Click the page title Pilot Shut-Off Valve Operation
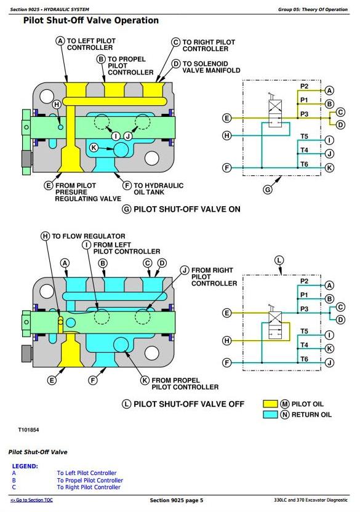point(91,20)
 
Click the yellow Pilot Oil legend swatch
point(270,404)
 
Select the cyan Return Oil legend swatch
point(270,414)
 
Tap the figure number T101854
point(28,430)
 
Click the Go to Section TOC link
point(31,500)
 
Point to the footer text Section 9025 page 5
point(177,500)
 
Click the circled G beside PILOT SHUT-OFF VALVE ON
point(126,209)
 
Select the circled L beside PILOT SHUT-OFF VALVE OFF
point(126,404)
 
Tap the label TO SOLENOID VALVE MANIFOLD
point(211,67)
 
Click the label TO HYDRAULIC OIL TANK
point(158,189)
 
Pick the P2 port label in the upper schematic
point(304,86)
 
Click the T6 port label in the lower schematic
point(304,359)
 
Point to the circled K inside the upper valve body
point(94,148)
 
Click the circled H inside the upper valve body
point(57,105)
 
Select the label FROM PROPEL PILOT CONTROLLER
point(185,383)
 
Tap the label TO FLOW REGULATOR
point(89,236)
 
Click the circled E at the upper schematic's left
point(226,118)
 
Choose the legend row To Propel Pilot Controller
point(90,481)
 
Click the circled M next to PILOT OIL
point(285,404)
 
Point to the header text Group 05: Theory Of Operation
point(313,9)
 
